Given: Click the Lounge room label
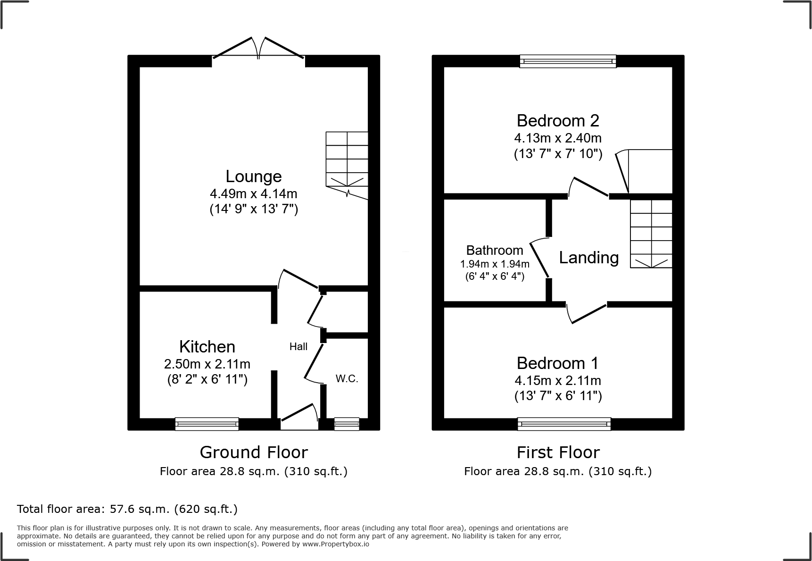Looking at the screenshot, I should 253,176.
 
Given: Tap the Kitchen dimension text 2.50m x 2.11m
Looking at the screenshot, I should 207,364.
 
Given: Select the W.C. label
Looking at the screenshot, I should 347,378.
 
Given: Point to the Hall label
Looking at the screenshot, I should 298,347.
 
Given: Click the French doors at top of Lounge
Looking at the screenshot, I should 258,49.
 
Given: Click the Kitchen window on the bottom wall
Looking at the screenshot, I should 207,424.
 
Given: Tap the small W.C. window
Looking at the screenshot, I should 347,424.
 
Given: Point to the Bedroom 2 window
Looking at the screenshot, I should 568,61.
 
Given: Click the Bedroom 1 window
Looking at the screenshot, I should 564,424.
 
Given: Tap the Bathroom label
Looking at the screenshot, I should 495,250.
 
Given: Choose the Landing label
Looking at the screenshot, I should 588,258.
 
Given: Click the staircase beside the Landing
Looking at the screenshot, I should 651,234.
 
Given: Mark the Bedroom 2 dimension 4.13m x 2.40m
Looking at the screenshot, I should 558,138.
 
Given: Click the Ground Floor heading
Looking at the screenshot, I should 254,452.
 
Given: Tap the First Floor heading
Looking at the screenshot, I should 558,452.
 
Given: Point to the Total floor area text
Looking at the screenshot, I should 127,509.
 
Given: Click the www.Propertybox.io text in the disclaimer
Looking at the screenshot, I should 335,544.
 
